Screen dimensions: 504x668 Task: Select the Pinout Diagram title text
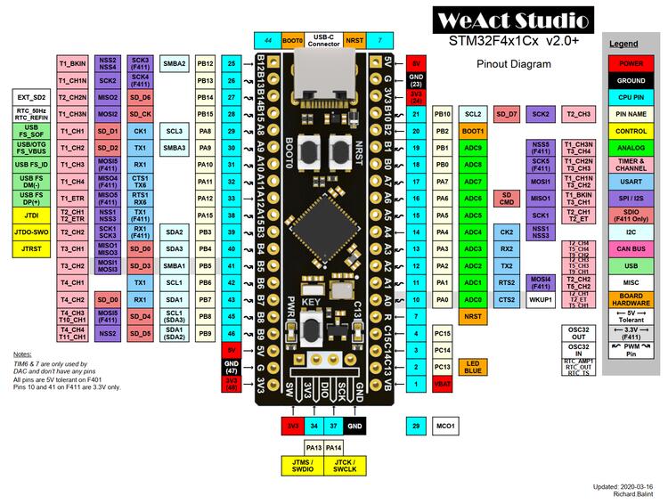coord(513,64)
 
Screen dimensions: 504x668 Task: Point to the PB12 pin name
coord(205,64)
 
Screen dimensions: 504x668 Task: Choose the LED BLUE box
coord(473,367)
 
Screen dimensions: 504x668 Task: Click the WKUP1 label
coord(541,300)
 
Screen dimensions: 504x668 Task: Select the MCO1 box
coord(444,427)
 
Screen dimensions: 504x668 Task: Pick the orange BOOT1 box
coord(473,131)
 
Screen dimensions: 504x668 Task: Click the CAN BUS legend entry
coord(631,248)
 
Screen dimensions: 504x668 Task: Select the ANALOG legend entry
coord(631,148)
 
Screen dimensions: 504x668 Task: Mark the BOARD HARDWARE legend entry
coord(631,299)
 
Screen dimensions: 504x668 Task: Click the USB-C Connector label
coord(322,40)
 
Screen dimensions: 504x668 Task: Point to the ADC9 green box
coord(473,148)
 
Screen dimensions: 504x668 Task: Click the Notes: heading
coord(22,354)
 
